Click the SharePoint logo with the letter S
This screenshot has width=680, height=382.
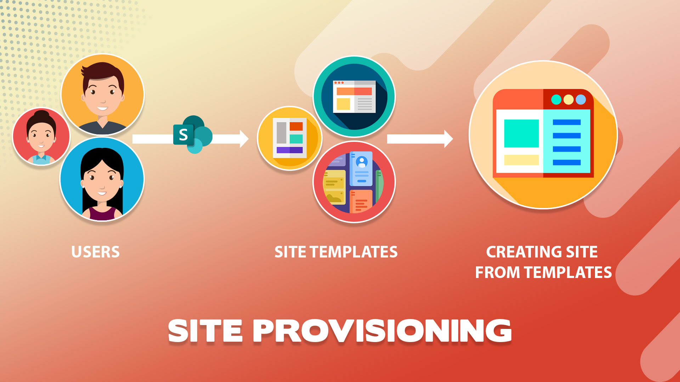click(x=192, y=134)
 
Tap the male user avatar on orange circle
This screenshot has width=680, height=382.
click(x=103, y=94)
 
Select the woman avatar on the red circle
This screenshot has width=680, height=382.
click(x=41, y=137)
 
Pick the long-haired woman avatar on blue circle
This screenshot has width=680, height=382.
click(x=102, y=179)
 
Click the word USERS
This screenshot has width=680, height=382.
click(x=95, y=252)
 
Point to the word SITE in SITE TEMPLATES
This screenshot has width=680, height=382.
click(x=290, y=252)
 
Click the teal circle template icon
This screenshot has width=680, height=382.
click(x=354, y=97)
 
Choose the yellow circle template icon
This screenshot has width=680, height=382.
click(x=290, y=138)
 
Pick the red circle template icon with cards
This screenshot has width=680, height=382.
click(x=354, y=182)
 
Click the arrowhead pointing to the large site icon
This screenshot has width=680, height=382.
click(x=449, y=139)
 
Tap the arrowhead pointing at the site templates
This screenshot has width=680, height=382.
click(x=244, y=139)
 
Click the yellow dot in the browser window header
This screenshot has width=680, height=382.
click(x=568, y=99)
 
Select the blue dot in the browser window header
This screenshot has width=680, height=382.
click(x=581, y=99)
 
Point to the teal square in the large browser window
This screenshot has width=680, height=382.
click(x=521, y=133)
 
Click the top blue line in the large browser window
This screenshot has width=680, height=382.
click(x=567, y=122)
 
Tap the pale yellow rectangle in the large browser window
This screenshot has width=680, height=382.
click(x=521, y=160)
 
